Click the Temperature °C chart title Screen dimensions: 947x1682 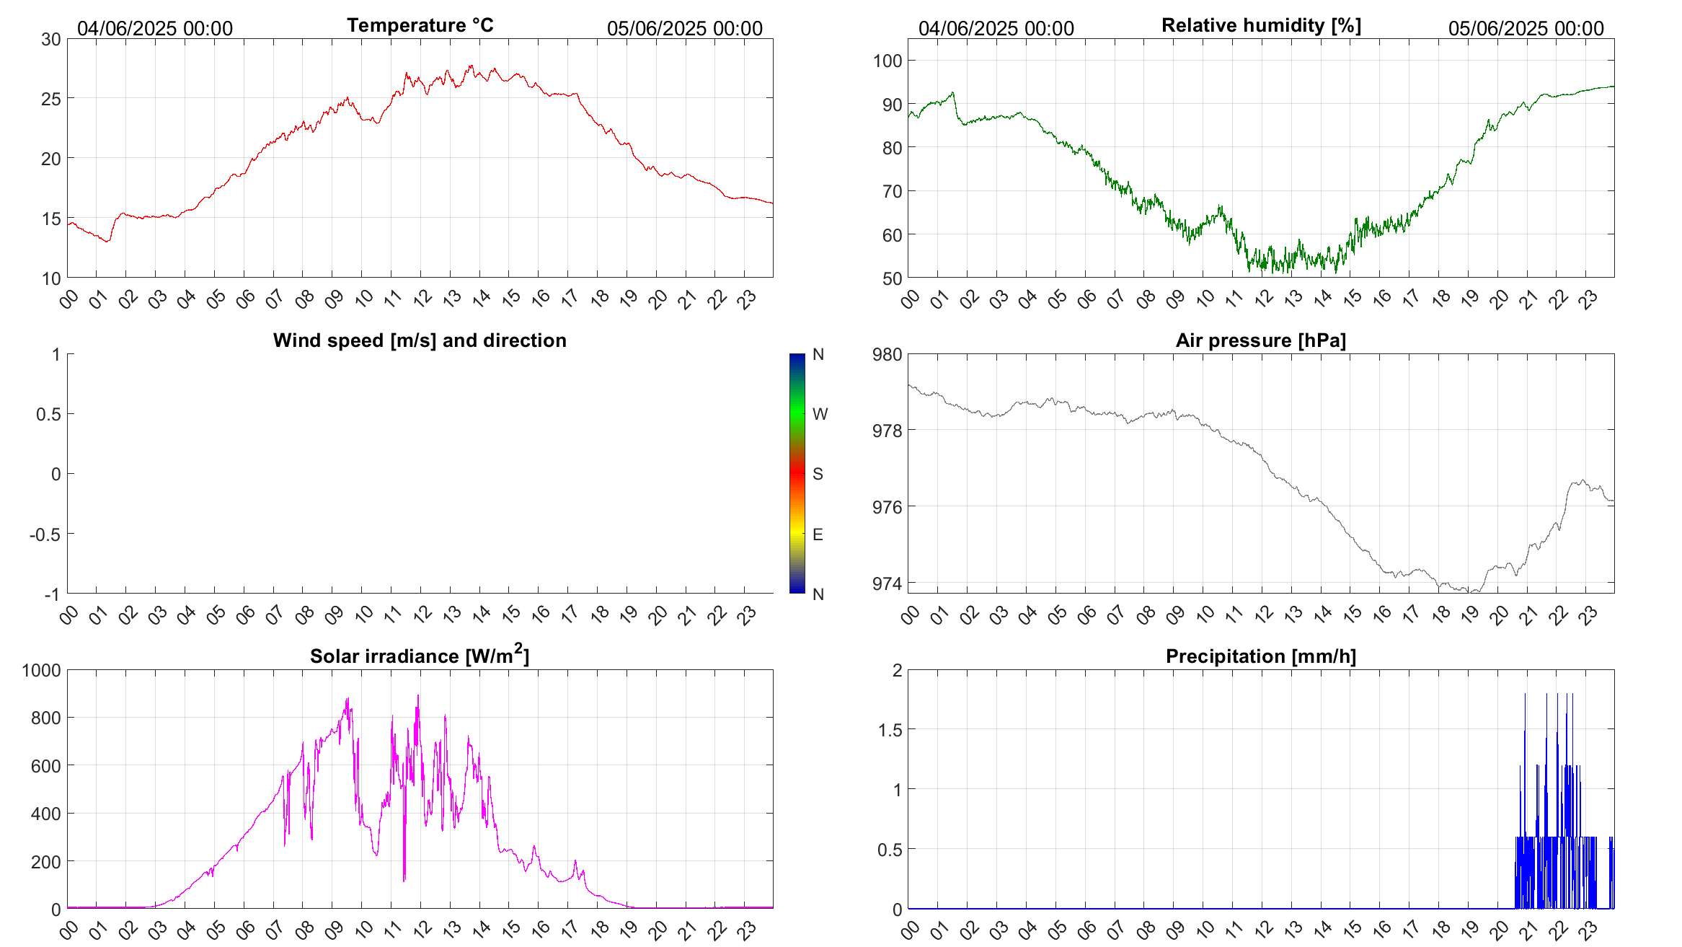(x=420, y=25)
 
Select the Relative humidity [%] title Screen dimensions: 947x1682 (x=1261, y=25)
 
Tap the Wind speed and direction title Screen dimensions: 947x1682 (x=420, y=340)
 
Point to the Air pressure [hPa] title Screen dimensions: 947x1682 (x=1261, y=340)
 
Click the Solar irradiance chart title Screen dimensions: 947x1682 (x=420, y=656)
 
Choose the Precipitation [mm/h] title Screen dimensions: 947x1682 (x=1261, y=656)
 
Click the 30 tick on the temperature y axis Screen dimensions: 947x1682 (x=51, y=40)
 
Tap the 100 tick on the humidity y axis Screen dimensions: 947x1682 (x=888, y=61)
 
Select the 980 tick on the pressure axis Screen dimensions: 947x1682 (x=888, y=355)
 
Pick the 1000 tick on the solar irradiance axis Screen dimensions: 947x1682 (x=42, y=671)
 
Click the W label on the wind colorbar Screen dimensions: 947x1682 (x=820, y=414)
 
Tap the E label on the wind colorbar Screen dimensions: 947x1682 (x=818, y=534)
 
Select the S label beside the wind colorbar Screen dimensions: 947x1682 (x=818, y=474)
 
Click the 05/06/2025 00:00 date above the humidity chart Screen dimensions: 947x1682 (x=1526, y=29)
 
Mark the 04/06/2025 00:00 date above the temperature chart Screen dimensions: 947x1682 (x=155, y=29)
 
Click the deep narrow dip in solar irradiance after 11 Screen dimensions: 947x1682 (x=404, y=878)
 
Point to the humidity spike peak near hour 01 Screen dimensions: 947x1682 (x=952, y=92)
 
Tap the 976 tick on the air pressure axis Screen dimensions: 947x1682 (x=888, y=508)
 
